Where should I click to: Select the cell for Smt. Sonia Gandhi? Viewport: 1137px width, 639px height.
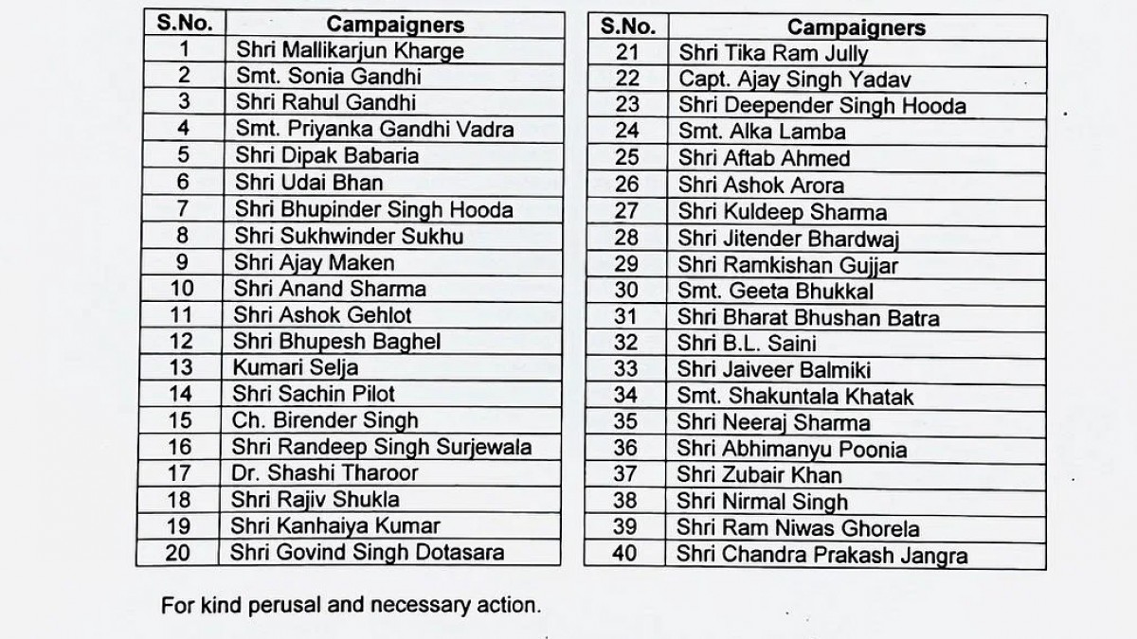327,76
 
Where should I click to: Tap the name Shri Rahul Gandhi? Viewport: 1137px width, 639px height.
324,102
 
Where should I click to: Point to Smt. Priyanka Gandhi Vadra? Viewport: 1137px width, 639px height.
373,129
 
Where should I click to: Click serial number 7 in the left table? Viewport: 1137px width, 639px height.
184,209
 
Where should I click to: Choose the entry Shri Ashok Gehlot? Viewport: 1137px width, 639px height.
322,315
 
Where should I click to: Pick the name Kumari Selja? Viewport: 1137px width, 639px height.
295,367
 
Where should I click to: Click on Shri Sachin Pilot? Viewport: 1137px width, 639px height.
314,394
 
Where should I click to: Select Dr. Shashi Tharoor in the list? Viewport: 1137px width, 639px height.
324,472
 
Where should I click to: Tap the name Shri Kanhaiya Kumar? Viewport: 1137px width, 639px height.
335,525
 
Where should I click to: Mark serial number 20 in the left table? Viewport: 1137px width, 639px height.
178,552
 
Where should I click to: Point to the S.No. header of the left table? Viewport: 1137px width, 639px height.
185,24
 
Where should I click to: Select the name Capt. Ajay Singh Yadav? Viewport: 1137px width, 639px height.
795,80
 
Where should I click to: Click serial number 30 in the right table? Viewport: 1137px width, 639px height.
627,291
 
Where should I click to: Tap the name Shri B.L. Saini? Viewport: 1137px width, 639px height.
747,344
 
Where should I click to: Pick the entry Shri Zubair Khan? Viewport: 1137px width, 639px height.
760,475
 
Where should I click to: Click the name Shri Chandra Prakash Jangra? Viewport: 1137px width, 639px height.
822,555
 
